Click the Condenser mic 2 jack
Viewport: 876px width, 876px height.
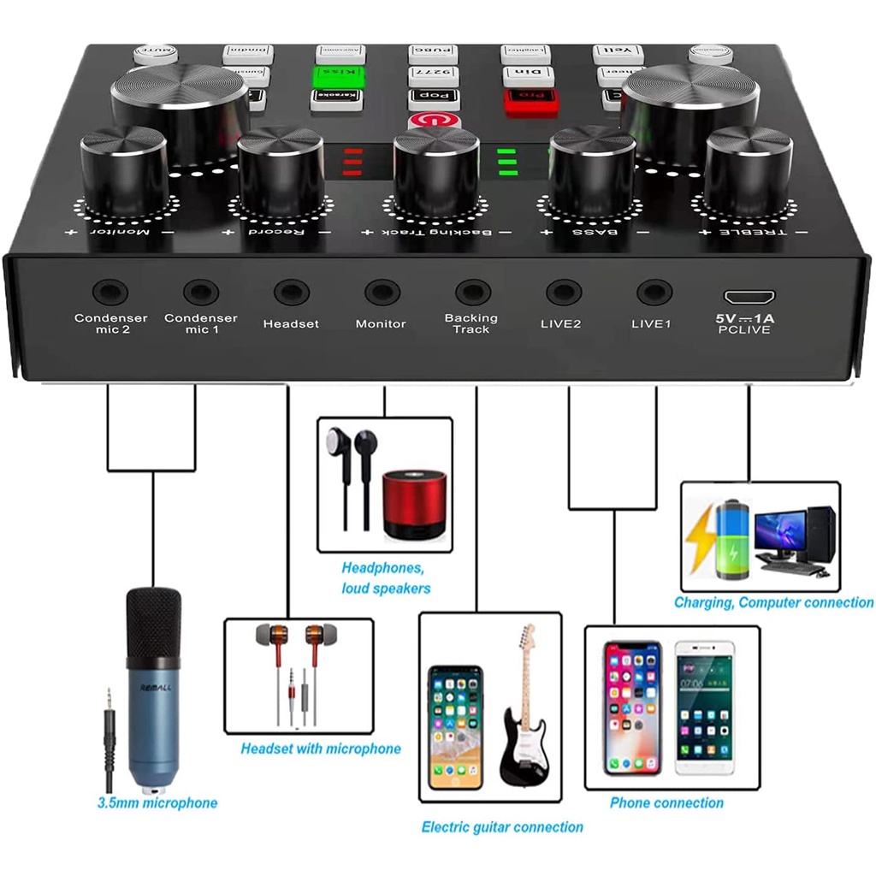(x=110, y=293)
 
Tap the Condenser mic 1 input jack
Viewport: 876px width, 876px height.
(x=200, y=293)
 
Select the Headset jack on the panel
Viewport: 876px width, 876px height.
(x=291, y=293)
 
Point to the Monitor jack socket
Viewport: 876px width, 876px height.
(x=382, y=293)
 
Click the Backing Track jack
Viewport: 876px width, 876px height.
(x=472, y=293)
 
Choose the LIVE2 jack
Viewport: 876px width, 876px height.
(x=564, y=293)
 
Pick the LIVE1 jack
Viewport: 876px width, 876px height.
(x=654, y=293)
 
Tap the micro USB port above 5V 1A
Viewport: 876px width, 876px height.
(x=749, y=298)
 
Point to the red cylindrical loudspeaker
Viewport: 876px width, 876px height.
(x=414, y=505)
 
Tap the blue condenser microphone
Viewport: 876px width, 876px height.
(x=154, y=684)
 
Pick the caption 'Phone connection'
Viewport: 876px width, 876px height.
(x=666, y=802)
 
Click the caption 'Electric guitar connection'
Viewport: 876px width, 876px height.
(x=502, y=827)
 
